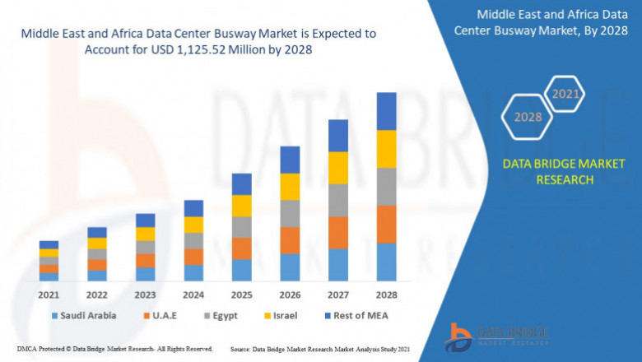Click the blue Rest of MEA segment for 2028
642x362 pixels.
(x=386, y=111)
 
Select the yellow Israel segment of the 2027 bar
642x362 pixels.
(x=337, y=167)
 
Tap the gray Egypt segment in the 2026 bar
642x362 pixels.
(x=289, y=213)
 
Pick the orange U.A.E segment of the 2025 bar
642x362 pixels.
(x=241, y=248)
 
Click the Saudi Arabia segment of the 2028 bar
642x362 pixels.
(x=386, y=262)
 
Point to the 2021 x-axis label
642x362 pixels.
(x=49, y=294)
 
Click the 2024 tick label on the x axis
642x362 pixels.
(x=193, y=294)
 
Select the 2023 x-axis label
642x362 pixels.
(x=145, y=294)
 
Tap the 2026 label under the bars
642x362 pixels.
(x=290, y=294)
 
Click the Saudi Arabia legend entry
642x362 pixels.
(x=83, y=315)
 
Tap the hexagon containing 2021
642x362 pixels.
(x=565, y=94)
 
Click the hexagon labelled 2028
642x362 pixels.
(x=528, y=117)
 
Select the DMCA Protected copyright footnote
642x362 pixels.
(x=114, y=349)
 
